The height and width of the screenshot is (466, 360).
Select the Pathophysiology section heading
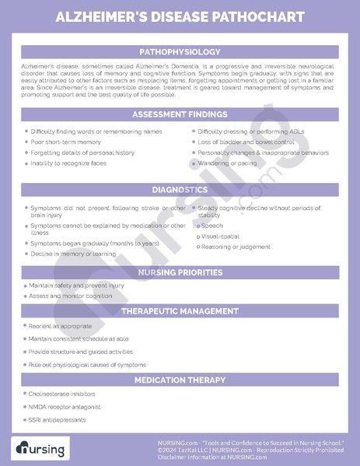point(180,51)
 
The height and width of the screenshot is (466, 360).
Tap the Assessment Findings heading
point(180,114)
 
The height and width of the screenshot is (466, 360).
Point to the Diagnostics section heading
point(180,189)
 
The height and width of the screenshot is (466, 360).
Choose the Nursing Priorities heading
point(180,272)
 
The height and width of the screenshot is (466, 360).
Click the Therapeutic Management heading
point(180,310)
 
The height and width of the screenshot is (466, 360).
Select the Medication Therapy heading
point(180,380)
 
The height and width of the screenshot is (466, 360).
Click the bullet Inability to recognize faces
point(68,163)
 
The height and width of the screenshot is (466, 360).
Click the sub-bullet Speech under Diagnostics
point(211,226)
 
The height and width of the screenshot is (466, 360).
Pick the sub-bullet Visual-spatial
point(220,236)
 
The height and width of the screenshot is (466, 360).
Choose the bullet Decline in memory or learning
point(73,254)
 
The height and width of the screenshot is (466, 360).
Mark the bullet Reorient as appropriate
point(60,326)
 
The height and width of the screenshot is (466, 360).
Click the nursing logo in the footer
point(40,448)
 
